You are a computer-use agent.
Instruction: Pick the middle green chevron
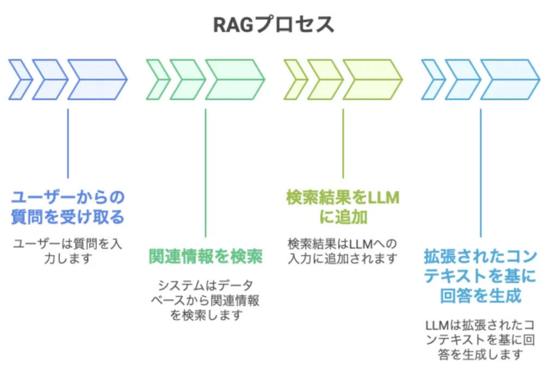(187, 80)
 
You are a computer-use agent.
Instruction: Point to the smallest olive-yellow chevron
(294, 80)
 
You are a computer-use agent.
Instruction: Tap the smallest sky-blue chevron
(432, 80)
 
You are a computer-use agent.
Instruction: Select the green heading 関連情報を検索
(206, 256)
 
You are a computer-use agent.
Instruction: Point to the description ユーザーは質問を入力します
(68, 250)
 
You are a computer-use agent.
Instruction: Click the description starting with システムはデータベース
(206, 300)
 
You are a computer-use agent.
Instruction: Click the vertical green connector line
(206, 172)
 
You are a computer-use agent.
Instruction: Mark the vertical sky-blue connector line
(480, 172)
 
